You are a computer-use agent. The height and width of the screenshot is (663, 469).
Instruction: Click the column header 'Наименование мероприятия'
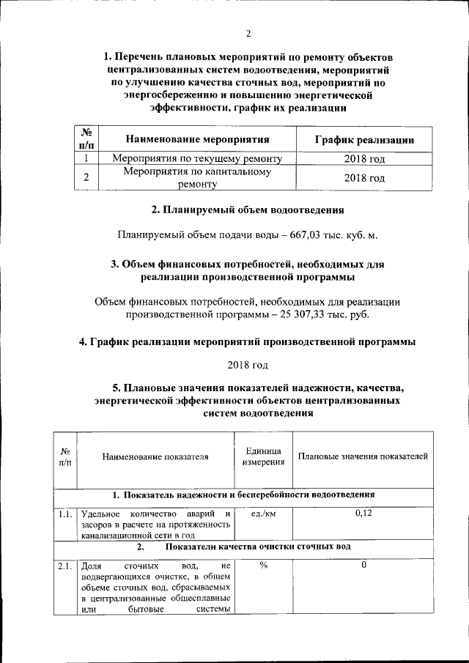[197, 138]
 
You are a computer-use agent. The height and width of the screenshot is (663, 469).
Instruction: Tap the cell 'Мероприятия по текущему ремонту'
[197, 158]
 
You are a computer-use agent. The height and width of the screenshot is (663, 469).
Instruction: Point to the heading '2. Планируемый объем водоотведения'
[248, 210]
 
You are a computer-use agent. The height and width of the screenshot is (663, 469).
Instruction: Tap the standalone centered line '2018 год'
[248, 364]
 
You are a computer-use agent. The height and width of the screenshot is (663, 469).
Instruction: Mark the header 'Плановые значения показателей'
[363, 456]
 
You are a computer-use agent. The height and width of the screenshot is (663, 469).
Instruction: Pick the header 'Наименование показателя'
[155, 456]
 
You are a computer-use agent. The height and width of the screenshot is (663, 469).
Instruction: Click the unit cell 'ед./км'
[263, 514]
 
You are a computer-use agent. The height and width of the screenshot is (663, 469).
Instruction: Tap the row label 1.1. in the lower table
[65, 514]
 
